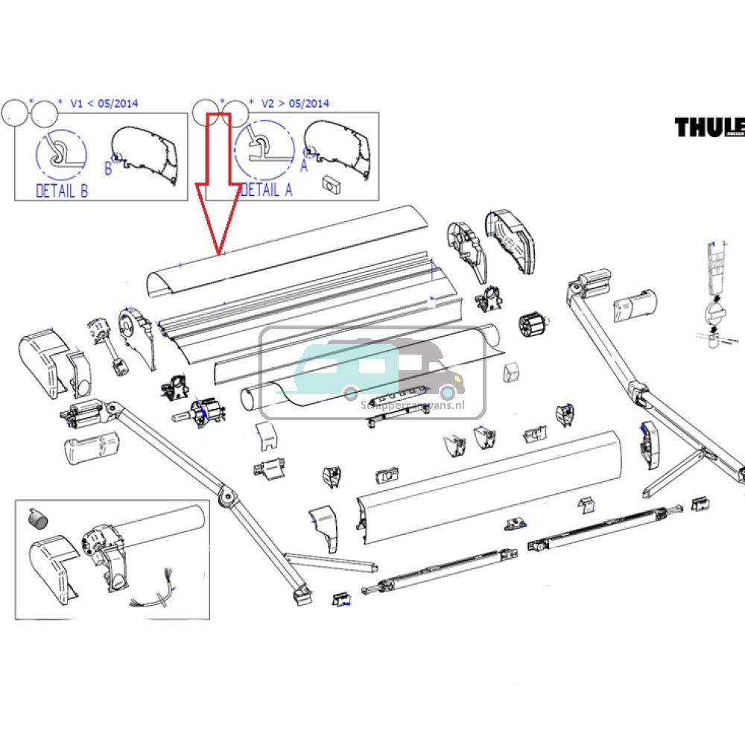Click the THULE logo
(710, 127)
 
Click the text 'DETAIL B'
(62, 191)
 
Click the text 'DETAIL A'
(267, 190)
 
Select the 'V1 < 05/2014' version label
(104, 104)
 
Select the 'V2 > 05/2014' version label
(294, 104)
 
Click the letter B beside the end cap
(107, 169)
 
